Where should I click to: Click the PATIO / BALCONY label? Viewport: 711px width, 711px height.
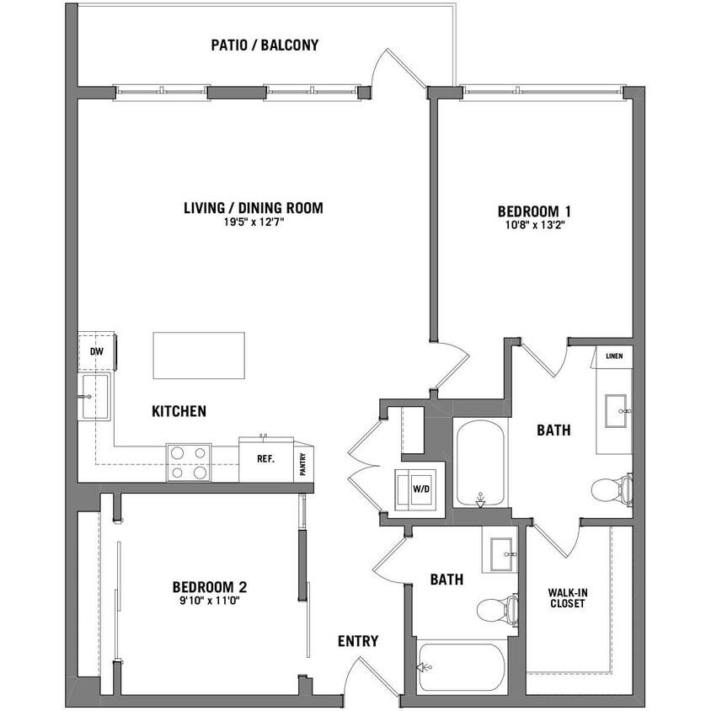(265, 45)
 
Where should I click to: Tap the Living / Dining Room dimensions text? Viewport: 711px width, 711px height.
(253, 223)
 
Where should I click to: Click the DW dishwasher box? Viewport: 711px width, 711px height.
(96, 352)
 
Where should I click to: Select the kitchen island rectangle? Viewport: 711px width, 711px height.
(199, 355)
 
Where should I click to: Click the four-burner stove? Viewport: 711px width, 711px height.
(189, 462)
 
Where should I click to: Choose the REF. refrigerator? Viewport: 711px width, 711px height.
(265, 461)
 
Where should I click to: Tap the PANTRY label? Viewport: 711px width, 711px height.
(302, 462)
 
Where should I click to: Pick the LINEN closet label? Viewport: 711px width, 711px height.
(614, 356)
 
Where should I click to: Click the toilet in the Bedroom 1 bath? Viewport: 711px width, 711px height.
(610, 489)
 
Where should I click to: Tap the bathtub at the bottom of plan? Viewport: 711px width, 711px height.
(462, 668)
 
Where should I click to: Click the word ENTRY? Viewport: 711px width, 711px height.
(358, 641)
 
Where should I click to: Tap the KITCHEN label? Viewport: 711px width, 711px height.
(179, 412)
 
